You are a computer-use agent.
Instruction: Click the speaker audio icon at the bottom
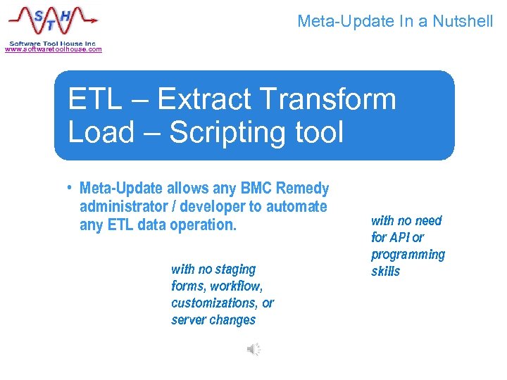(x=254, y=349)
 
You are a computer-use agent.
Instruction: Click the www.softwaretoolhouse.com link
(x=54, y=49)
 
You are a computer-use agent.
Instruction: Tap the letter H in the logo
(x=65, y=13)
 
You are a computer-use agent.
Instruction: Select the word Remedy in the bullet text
(x=302, y=189)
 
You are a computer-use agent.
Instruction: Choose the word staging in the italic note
(x=233, y=269)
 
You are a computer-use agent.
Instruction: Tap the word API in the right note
(x=400, y=238)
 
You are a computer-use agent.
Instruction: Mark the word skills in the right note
(x=385, y=272)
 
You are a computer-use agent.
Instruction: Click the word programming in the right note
(x=408, y=255)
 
